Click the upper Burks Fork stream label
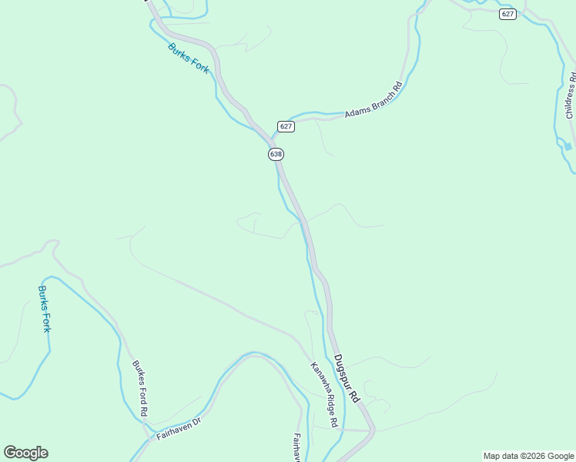189,59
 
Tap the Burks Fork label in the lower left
45,309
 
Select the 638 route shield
276,154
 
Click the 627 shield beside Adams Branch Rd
286,126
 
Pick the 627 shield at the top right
507,15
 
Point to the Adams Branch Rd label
373,100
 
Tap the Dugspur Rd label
347,378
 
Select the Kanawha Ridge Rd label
324,394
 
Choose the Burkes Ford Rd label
139,388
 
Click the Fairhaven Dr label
178,428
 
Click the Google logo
25,453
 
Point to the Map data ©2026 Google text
528,456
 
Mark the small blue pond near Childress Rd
568,146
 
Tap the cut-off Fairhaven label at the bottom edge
296,447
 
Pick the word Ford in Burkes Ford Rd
140,390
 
